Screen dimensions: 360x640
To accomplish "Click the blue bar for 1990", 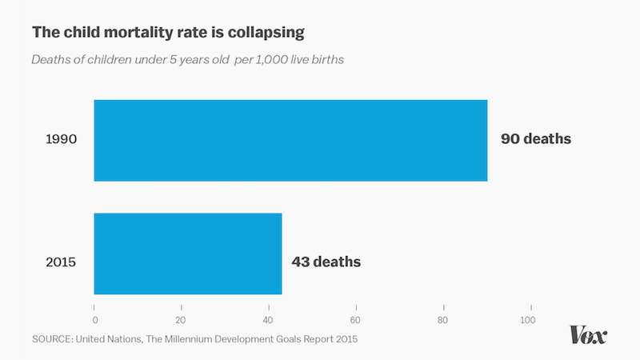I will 290,140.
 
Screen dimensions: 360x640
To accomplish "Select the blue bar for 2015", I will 188,254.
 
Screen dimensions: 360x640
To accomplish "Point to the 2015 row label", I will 61,262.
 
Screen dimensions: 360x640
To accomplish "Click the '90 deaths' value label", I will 536,139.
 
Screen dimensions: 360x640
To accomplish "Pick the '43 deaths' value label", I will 326,262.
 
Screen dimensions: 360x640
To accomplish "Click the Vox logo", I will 588,334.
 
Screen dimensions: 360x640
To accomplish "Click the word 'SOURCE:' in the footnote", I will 54,339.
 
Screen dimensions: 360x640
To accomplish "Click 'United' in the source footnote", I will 97,339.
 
